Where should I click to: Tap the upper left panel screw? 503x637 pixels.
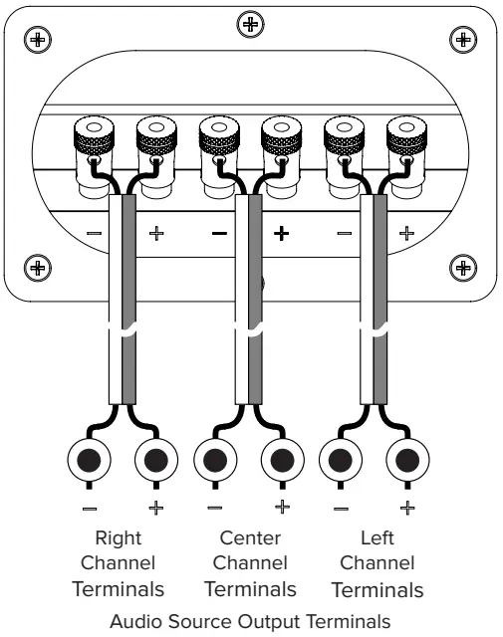click(38, 40)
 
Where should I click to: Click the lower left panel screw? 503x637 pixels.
click(38, 267)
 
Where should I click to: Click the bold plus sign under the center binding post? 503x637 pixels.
click(282, 234)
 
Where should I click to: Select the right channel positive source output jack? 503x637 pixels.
click(155, 462)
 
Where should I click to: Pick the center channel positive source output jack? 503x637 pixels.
click(281, 462)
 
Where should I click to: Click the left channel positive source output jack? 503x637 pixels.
click(405, 462)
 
